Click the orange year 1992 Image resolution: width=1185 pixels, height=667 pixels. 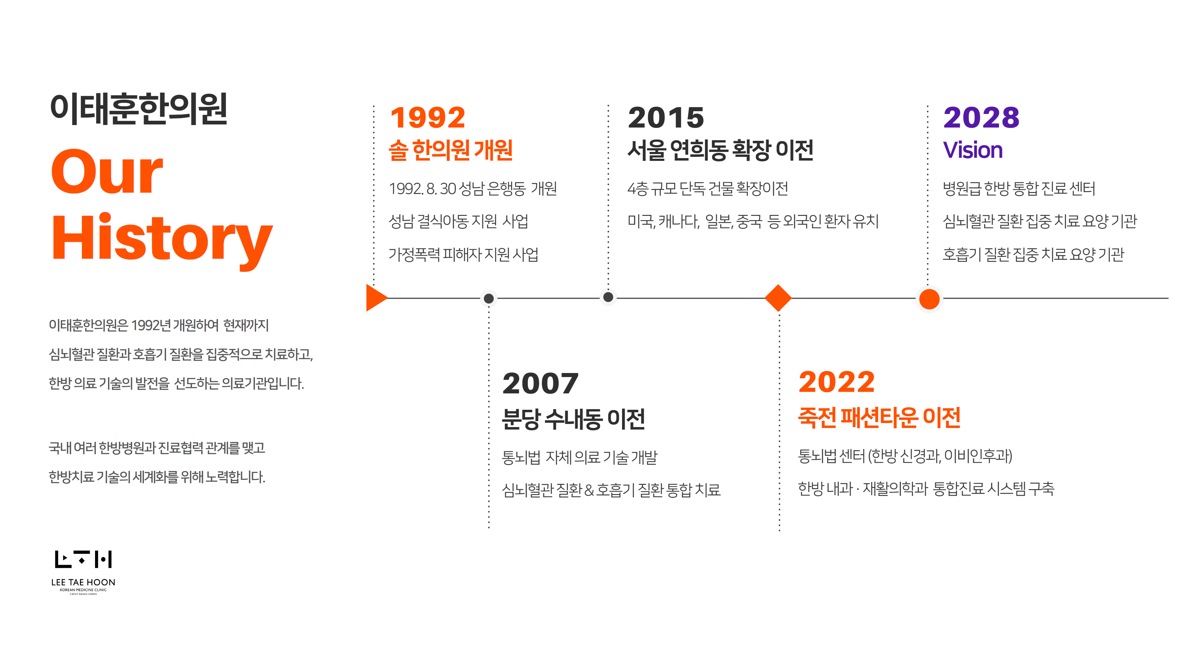pyautogui.click(x=428, y=118)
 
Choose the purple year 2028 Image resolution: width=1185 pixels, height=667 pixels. pyautogui.click(x=981, y=118)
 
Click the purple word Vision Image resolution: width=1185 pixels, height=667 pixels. pyautogui.click(x=972, y=150)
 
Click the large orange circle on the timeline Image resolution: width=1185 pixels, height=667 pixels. pyautogui.click(x=929, y=299)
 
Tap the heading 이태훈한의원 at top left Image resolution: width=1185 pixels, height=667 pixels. pyautogui.click(x=139, y=109)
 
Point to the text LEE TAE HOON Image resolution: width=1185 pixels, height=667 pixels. pyautogui.click(x=83, y=582)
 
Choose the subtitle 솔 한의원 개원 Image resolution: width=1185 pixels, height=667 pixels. pyautogui.click(x=451, y=150)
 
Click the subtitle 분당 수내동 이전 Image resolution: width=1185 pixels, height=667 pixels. pyautogui.click(x=573, y=419)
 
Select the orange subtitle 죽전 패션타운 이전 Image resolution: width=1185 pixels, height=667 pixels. pyautogui.click(x=879, y=417)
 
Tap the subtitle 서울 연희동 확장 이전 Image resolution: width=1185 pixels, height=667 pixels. pyautogui.click(x=720, y=150)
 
